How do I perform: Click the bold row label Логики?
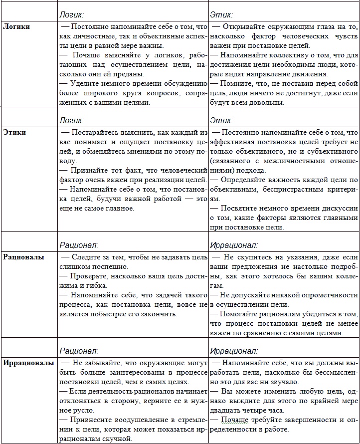click(x=16, y=26)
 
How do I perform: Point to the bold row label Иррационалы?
click(x=28, y=363)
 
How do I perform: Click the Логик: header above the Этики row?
click(x=71, y=120)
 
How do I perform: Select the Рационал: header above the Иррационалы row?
click(x=79, y=351)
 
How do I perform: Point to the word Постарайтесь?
click(x=96, y=133)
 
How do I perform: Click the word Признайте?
click(x=86, y=170)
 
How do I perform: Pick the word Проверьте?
click(x=87, y=275)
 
